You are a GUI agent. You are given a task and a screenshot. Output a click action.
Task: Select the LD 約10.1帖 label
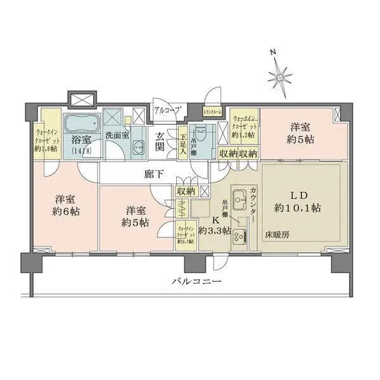(x=298, y=200)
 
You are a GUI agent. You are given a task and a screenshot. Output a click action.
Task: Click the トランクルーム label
(x=212, y=113)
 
